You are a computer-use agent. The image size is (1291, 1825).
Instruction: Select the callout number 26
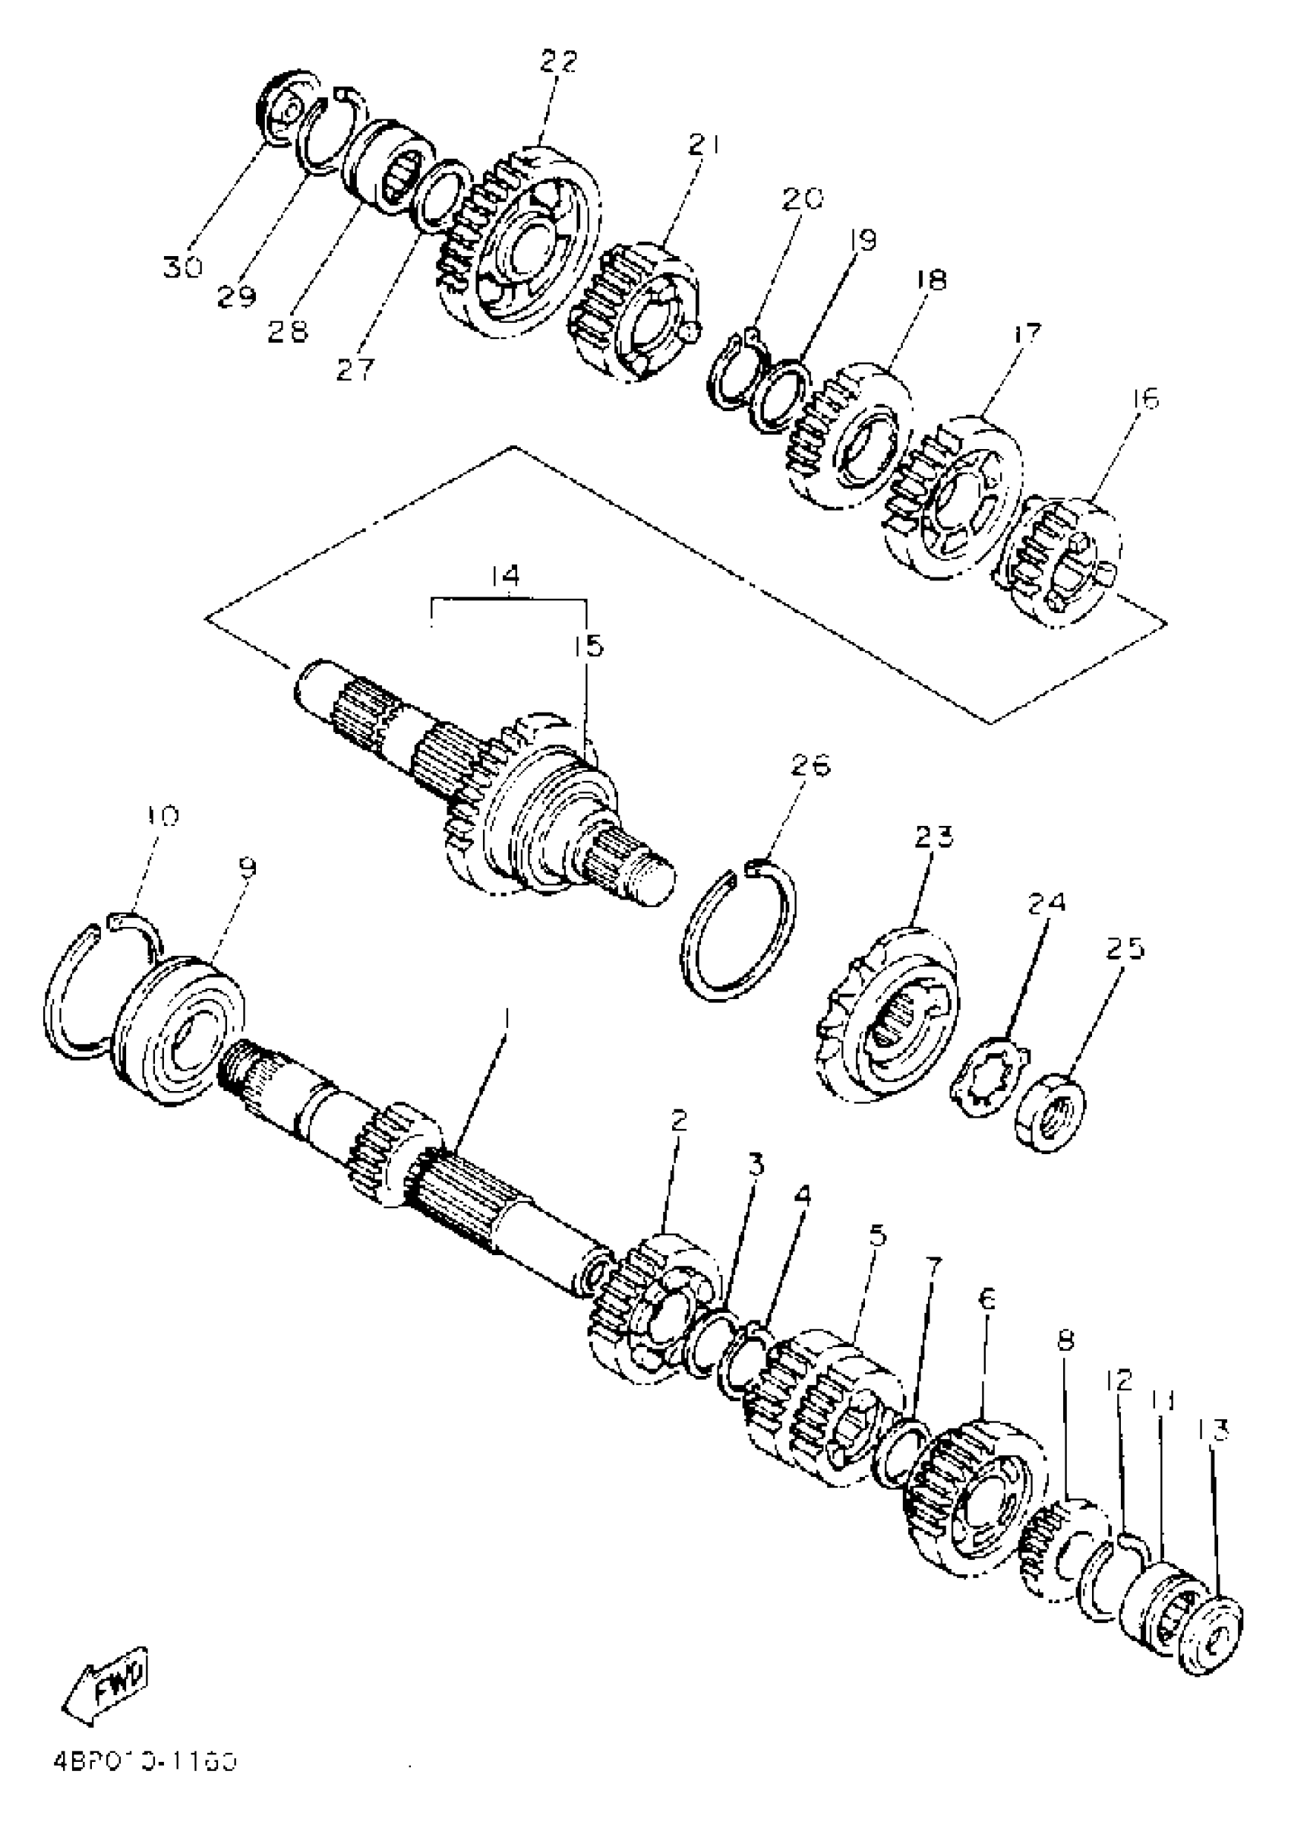[810, 765]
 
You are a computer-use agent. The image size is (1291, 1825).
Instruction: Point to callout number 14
[504, 574]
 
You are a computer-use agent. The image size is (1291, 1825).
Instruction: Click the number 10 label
[163, 815]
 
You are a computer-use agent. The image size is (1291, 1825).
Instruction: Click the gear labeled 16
[1061, 561]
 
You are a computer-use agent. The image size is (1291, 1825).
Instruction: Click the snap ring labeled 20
[734, 370]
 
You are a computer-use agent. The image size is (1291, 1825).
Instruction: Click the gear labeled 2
[652, 1320]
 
